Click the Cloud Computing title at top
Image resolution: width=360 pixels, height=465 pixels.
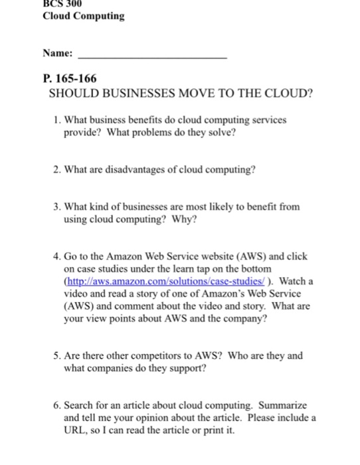pyautogui.click(x=83, y=16)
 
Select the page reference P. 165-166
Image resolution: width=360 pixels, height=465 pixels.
pyautogui.click(x=68, y=78)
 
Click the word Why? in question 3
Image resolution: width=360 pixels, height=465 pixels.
pyautogui.click(x=185, y=220)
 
